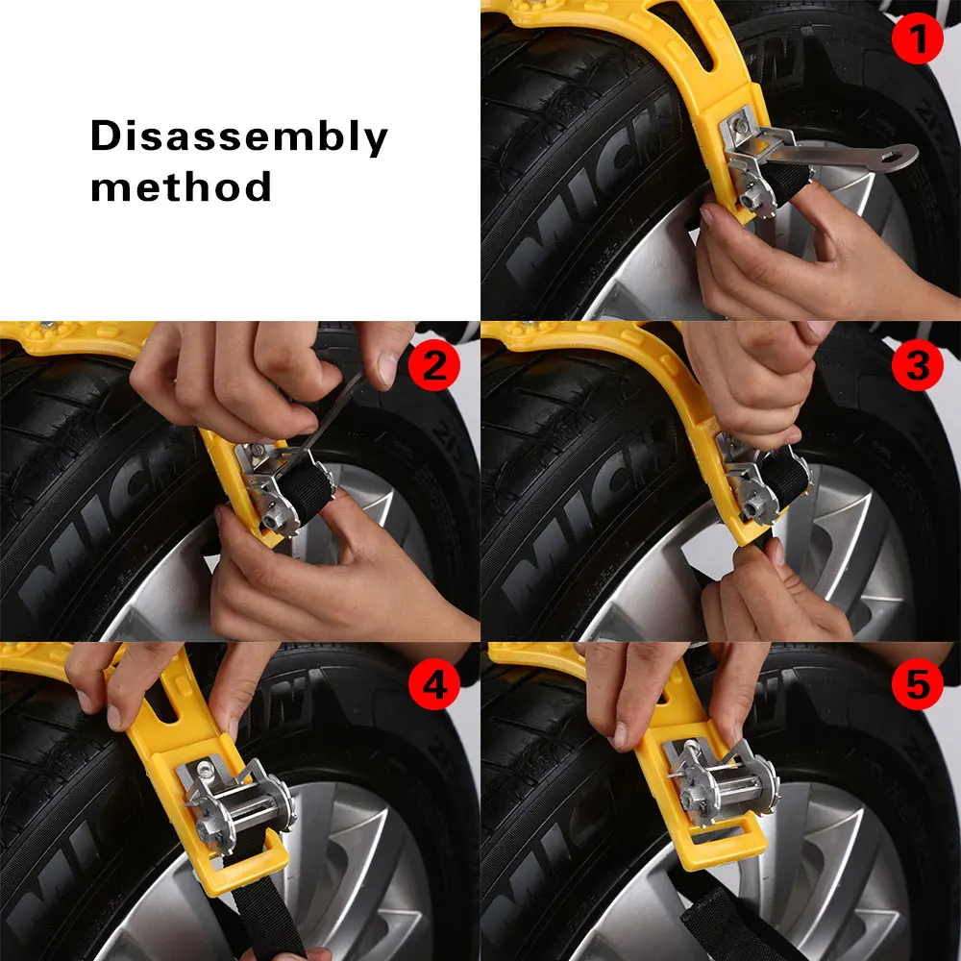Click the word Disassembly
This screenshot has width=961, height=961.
[x=239, y=136]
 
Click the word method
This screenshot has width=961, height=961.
[x=181, y=187]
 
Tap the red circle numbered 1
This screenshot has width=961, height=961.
[x=917, y=38]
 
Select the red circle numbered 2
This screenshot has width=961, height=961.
[x=434, y=365]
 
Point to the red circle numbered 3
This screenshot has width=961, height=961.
[x=917, y=365]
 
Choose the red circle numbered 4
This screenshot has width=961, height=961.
[x=434, y=684]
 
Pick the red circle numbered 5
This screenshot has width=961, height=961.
[x=917, y=684]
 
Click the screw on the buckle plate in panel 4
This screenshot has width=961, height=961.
[x=202, y=767]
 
